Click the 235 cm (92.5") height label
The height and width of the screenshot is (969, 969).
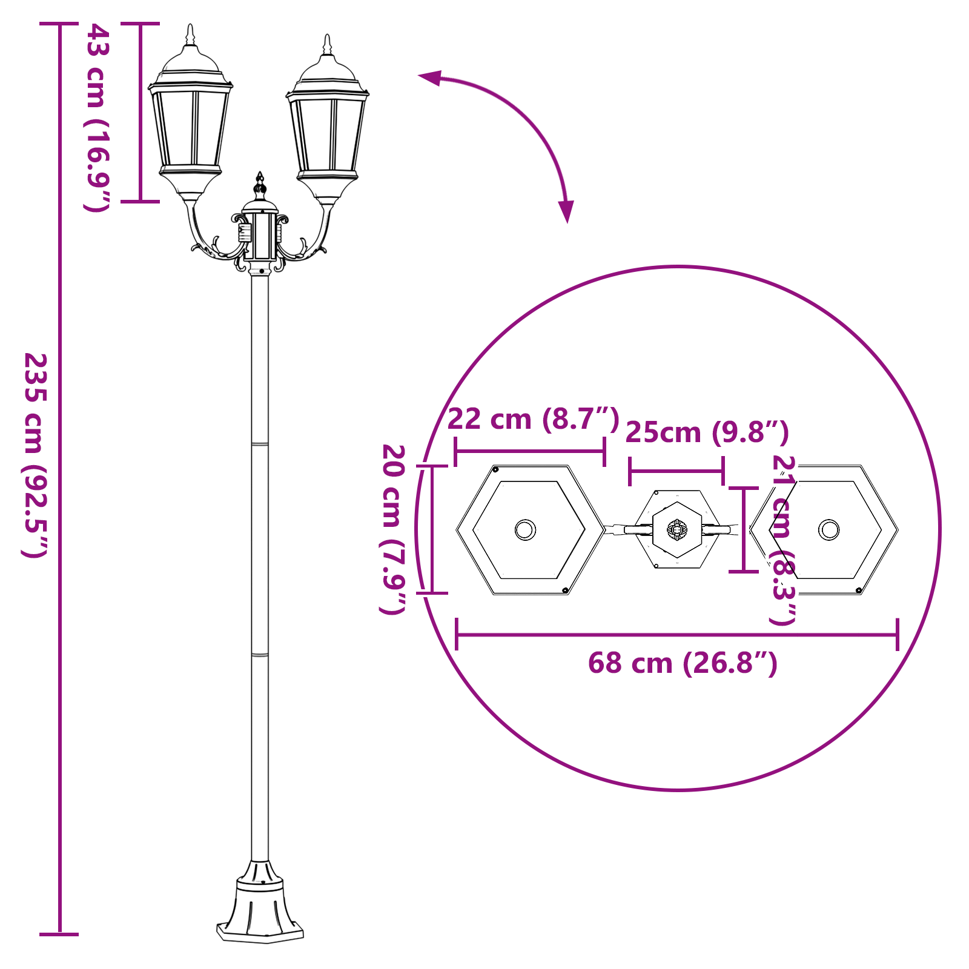point(35,455)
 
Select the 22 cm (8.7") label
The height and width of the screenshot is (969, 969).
point(533,419)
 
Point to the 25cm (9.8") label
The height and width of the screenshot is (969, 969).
point(707,432)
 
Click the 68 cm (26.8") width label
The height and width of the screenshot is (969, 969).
point(683,663)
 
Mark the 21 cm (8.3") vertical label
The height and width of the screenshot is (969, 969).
point(782,540)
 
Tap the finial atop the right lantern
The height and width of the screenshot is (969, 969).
point(328,44)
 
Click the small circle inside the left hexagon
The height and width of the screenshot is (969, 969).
point(525,530)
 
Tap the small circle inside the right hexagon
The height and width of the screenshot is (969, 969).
point(828,530)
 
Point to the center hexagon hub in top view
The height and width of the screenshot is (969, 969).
point(677,529)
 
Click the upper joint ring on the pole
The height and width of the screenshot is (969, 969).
point(260,445)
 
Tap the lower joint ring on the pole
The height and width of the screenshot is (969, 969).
point(260,655)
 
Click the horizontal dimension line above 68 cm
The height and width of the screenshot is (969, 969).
point(676,635)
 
